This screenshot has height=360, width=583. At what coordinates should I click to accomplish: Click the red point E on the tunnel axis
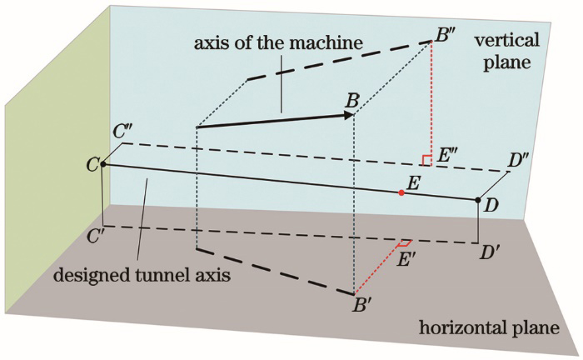(401, 192)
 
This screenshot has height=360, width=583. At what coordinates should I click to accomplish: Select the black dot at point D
(478, 200)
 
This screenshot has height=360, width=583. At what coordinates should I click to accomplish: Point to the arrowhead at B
(349, 114)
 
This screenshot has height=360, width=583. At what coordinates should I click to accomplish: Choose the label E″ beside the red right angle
(446, 154)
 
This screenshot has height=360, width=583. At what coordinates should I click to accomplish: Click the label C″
(125, 131)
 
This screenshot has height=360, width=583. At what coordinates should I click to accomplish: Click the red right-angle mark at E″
(426, 160)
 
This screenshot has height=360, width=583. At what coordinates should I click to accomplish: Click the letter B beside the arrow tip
(352, 99)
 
